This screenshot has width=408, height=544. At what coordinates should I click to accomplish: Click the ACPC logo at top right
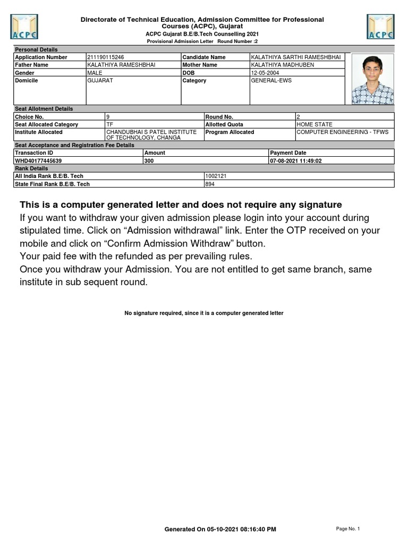point(380,27)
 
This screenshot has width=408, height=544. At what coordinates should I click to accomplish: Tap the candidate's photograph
point(372,79)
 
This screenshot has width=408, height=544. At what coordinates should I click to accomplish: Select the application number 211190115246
point(106,57)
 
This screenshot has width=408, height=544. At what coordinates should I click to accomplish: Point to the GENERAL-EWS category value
point(271,81)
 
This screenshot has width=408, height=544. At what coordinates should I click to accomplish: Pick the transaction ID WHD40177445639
point(38,160)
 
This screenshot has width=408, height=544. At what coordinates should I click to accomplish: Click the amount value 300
point(149,160)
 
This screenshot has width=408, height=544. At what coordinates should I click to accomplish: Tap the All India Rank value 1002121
point(216,176)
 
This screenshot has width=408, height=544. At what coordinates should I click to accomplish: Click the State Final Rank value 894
point(210,184)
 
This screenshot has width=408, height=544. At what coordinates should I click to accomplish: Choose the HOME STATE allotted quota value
point(314,124)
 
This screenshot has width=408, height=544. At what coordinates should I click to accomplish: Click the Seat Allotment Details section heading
point(44,109)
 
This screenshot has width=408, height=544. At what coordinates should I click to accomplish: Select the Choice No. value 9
point(108,116)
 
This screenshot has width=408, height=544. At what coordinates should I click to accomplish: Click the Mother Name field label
point(200,65)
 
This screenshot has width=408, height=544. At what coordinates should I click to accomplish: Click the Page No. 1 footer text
point(348,529)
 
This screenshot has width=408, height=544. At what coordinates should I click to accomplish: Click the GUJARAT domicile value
point(100,81)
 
